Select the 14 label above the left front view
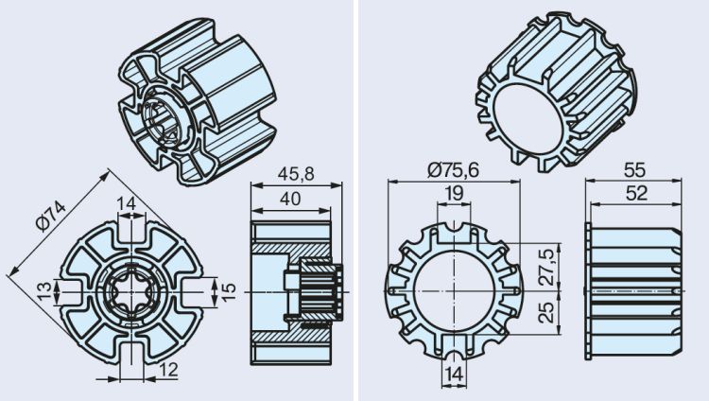coord(128,202)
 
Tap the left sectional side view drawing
coord(291,288)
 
